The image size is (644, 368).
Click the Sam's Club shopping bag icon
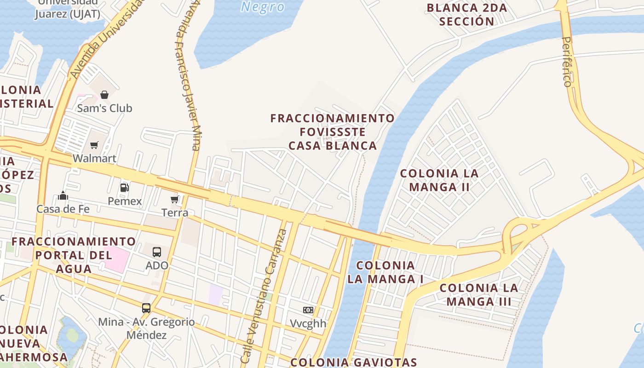pyautogui.click(x=104, y=95)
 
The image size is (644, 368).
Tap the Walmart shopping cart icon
pyautogui.click(x=94, y=145)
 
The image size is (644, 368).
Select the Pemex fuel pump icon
pyautogui.click(x=124, y=188)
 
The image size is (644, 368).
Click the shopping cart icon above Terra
pyautogui.click(x=175, y=199)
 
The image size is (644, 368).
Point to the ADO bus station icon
pyautogui.click(x=157, y=252)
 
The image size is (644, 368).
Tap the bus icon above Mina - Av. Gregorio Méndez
pyautogui.click(x=146, y=308)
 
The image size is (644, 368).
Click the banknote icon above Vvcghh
pyautogui.click(x=308, y=310)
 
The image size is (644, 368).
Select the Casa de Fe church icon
pyautogui.click(x=63, y=196)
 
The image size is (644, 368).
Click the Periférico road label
pyautogui.click(x=568, y=62)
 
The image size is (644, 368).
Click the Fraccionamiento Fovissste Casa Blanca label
pyautogui.click(x=333, y=132)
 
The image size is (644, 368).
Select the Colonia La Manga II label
pyautogui.click(x=439, y=180)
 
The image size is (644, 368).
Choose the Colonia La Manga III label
pyautogui.click(x=479, y=295)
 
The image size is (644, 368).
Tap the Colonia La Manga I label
pyautogui.click(x=385, y=272)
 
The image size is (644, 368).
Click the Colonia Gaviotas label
pyautogui.click(x=354, y=362)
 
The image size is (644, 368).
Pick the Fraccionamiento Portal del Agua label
pyautogui.click(x=74, y=255)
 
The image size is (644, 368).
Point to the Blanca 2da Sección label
pyautogui.click(x=467, y=14)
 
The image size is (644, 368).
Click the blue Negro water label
pyautogui.click(x=263, y=7)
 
